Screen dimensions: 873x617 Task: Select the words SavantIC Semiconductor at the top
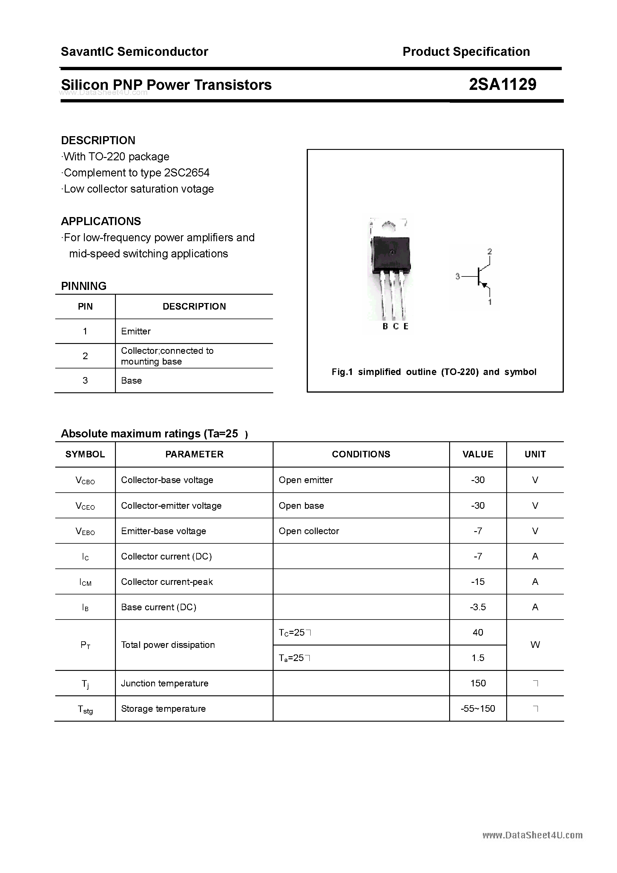(134, 52)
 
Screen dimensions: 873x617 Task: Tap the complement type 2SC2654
(186, 173)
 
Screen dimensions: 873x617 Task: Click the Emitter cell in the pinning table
(136, 331)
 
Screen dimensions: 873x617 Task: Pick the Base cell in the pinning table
(131, 381)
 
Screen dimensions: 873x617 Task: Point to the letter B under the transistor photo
(385, 326)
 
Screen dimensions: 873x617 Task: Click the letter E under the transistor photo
(406, 326)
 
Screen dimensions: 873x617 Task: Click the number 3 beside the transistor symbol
(458, 276)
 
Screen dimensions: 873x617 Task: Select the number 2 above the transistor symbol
(489, 251)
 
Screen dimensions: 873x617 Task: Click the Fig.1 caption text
(434, 372)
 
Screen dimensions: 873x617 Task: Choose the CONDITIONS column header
(361, 454)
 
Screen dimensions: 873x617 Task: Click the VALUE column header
(478, 454)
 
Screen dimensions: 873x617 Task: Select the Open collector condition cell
(308, 531)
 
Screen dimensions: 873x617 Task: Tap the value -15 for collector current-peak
(478, 582)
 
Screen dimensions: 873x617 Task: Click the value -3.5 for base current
(478, 607)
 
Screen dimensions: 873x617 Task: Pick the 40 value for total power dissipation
(478, 632)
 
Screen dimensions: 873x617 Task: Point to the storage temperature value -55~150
(478, 708)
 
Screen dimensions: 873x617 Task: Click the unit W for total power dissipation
(535, 645)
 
